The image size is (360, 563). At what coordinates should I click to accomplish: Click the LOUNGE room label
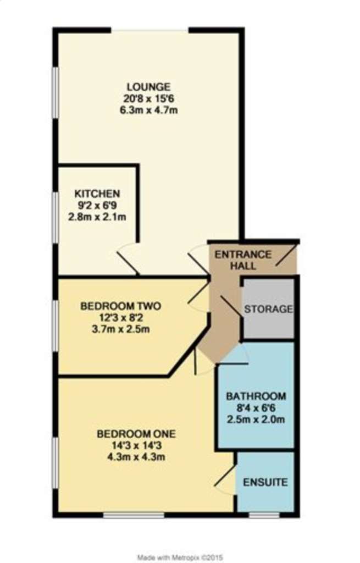(x=148, y=87)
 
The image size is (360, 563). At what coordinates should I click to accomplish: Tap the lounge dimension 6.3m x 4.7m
(x=148, y=110)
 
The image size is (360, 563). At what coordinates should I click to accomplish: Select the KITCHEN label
(x=97, y=194)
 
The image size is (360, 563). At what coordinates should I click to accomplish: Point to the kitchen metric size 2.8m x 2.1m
(x=97, y=217)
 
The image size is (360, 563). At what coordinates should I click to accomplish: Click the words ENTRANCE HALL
(x=243, y=260)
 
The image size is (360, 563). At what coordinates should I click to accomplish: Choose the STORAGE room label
(x=268, y=309)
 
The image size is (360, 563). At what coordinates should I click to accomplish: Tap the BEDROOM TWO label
(x=120, y=306)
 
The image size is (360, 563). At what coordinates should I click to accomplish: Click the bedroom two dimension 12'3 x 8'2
(x=120, y=318)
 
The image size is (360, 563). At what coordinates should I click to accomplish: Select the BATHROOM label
(x=256, y=396)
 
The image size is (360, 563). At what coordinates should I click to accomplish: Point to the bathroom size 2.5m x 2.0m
(x=256, y=420)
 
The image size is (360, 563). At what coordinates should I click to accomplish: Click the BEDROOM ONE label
(x=136, y=434)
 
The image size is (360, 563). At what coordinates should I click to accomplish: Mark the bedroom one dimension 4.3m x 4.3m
(x=136, y=457)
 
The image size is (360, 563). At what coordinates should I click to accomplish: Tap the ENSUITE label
(x=265, y=482)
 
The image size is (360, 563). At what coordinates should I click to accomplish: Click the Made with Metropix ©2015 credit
(x=180, y=558)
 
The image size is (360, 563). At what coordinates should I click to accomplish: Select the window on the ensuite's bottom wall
(x=264, y=515)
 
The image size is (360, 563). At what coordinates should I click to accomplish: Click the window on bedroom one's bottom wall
(x=134, y=515)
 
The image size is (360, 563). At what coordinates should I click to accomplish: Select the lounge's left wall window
(x=56, y=92)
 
